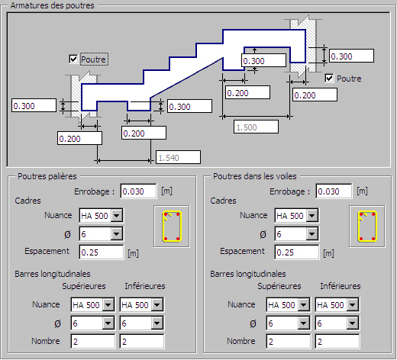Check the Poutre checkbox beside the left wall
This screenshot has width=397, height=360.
point(73,59)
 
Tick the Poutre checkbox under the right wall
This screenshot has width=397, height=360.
point(329,78)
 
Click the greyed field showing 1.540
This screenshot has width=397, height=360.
point(178,157)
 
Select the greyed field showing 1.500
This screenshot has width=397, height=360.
point(256,127)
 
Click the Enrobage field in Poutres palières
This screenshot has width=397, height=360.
point(138,191)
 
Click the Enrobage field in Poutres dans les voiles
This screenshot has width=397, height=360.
point(334,191)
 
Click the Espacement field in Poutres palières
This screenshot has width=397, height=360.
point(102,252)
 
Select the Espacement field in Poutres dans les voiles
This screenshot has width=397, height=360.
point(297,252)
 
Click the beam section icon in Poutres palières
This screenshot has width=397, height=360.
point(172,227)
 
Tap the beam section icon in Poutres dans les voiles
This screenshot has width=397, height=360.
point(367,227)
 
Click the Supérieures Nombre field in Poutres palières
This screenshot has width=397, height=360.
point(92,341)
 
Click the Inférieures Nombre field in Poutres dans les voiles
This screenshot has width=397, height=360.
point(337,341)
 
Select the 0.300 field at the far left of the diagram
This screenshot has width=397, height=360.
point(34,105)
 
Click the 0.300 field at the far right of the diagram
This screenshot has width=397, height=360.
point(351,56)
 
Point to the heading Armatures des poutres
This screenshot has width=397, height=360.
point(53,5)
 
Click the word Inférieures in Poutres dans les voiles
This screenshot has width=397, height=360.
point(341,286)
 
